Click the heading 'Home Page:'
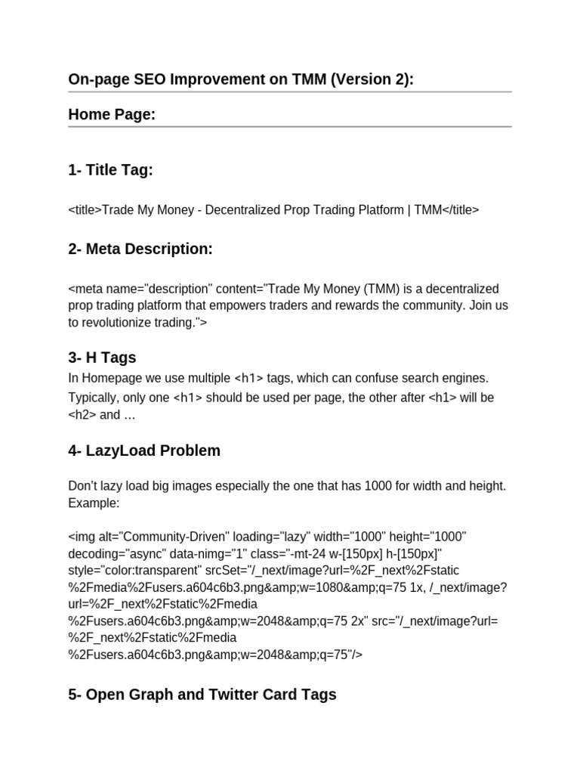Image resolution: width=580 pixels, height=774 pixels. pyautogui.click(x=112, y=114)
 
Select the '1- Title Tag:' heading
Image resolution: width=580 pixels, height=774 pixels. pyautogui.click(x=110, y=170)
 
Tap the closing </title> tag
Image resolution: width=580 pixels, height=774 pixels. pyautogui.click(x=455, y=210)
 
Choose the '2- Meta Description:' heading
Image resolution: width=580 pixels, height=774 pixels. pyautogui.click(x=140, y=249)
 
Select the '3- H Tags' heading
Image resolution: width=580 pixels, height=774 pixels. pyautogui.click(x=102, y=358)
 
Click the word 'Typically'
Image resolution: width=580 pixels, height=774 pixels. pyautogui.click(x=93, y=398)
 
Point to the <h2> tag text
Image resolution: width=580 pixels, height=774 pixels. pyautogui.click(x=82, y=414)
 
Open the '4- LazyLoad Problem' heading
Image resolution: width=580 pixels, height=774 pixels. pyautogui.click(x=144, y=450)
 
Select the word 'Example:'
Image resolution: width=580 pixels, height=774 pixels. pyautogui.click(x=94, y=503)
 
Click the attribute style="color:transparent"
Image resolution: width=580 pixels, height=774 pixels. pyautogui.click(x=135, y=569)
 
